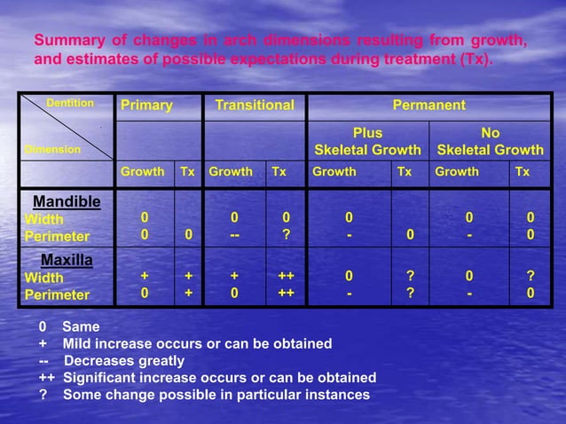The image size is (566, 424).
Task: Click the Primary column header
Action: [x=147, y=106]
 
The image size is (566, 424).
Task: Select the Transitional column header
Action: [x=255, y=106]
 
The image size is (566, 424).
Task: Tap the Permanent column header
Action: [x=429, y=106]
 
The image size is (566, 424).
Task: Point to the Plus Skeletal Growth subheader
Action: [x=367, y=142]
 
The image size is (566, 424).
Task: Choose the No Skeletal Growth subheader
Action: [x=491, y=142]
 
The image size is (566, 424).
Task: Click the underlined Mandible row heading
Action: [x=67, y=201]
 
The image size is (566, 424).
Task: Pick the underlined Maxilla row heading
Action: [x=67, y=261]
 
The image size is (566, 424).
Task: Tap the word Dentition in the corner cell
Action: [x=70, y=104]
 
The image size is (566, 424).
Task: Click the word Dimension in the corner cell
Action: [x=52, y=150]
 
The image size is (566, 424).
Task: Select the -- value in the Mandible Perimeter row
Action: [x=234, y=237]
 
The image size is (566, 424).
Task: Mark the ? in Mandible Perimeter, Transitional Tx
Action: [x=286, y=237]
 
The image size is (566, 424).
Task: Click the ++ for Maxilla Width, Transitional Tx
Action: [x=286, y=278]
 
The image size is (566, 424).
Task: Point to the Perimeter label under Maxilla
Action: [x=57, y=294]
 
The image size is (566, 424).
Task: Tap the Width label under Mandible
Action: [x=43, y=219]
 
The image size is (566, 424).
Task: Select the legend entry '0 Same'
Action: [x=70, y=327]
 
